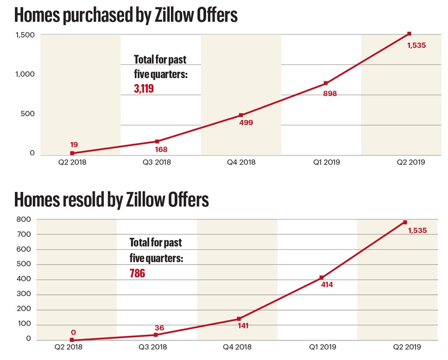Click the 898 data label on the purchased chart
(x=330, y=93)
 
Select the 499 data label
(x=246, y=122)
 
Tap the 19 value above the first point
(x=73, y=144)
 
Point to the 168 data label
(x=161, y=150)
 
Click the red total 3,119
(x=144, y=89)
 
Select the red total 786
(x=137, y=274)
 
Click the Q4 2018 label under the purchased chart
(x=241, y=162)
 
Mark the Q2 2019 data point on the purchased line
(x=409, y=34)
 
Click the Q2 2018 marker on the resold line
(x=72, y=340)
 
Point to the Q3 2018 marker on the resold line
(x=156, y=335)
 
